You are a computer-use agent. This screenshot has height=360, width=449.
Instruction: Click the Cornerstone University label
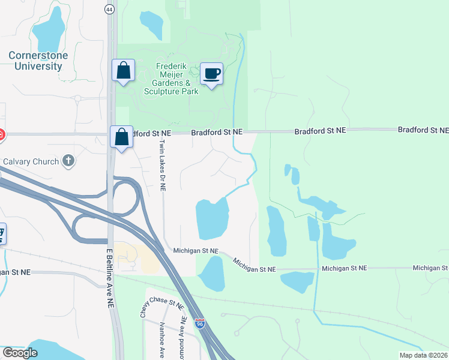38,61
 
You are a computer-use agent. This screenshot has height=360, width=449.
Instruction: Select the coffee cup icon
211,74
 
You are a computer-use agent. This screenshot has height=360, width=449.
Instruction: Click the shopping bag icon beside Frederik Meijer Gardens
123,71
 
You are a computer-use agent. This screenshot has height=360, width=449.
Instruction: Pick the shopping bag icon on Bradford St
122,137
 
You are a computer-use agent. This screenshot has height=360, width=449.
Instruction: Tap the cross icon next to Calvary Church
68,161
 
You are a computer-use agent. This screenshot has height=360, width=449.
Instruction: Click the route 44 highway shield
109,10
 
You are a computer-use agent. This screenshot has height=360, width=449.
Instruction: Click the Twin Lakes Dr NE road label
162,165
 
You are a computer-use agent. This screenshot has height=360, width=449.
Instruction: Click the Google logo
20,353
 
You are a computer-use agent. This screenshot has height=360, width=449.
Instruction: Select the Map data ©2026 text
423,355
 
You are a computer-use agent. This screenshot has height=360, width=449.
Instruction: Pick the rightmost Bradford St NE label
423,130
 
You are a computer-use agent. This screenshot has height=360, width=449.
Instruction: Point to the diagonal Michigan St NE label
254,265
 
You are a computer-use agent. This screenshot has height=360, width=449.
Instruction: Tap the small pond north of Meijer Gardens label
151,25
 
